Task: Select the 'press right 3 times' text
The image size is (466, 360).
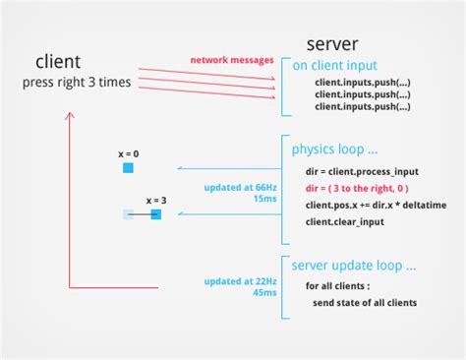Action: pos(77,83)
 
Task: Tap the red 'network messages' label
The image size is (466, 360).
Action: pos(231,61)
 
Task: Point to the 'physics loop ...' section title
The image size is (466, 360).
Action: pos(334,150)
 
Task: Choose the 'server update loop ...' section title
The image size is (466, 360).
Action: pos(354,266)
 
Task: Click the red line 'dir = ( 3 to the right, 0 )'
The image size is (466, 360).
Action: pos(356,187)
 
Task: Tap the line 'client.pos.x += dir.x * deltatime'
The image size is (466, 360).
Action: pos(377,204)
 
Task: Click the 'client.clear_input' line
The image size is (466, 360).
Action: pos(345,221)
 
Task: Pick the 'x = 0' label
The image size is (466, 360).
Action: pos(128,154)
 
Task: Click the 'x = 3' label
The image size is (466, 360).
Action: pos(155,200)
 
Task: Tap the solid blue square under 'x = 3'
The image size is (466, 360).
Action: pos(155,213)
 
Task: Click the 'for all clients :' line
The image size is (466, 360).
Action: pos(338,286)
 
